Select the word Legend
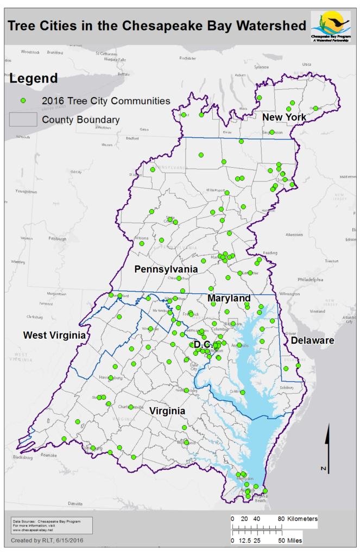point(34,78)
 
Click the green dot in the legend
point(23,100)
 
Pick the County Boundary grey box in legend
point(23,119)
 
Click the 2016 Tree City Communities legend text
point(106,100)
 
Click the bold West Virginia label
point(54,336)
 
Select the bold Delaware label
point(312,340)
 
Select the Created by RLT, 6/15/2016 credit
point(47,540)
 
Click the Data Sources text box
point(51,525)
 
